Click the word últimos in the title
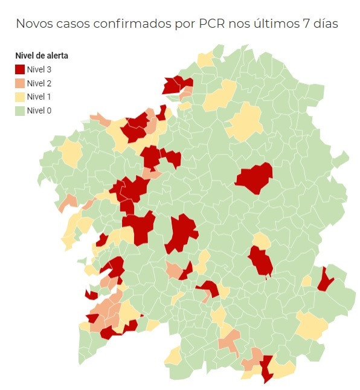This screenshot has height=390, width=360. (x=272, y=24)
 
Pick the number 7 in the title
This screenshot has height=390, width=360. (x=302, y=24)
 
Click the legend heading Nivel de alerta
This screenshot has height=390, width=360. (x=42, y=56)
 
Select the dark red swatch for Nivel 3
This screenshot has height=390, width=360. (x=20, y=69)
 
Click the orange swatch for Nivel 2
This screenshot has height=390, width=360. (x=20, y=83)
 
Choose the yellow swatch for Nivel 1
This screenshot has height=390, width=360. (x=20, y=97)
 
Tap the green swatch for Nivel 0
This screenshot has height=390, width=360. (x=20, y=110)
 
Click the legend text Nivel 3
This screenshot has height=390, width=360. (x=39, y=69)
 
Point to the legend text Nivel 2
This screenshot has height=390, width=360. (x=39, y=83)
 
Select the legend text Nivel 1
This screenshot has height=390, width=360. (x=39, y=97)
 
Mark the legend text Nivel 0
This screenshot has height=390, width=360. (x=39, y=110)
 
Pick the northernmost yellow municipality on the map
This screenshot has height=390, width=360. (x=205, y=59)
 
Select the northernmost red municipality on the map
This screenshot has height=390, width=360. (x=176, y=84)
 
